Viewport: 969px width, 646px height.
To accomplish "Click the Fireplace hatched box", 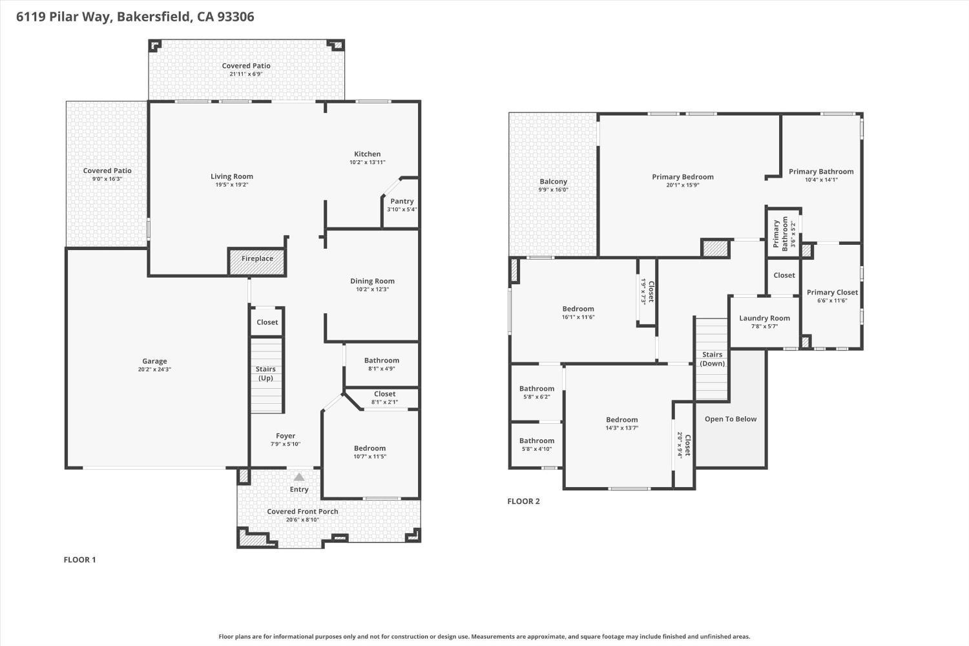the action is [x=257, y=262].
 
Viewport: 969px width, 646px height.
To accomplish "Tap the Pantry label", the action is [x=402, y=201].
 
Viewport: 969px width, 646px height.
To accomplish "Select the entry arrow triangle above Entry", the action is [x=299, y=477].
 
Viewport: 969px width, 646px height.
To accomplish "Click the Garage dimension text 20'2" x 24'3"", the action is [x=154, y=370].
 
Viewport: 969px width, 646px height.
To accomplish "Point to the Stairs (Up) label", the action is [x=266, y=373].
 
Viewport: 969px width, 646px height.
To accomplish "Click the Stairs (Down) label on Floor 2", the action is [x=712, y=359].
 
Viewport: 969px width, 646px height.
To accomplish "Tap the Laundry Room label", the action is [x=764, y=318].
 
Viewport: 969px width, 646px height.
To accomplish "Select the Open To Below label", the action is [x=731, y=419].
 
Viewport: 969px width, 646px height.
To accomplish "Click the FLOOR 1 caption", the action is [x=79, y=559].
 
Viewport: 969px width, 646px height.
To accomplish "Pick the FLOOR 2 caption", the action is [x=523, y=501].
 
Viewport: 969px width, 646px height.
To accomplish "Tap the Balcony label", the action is [x=553, y=182].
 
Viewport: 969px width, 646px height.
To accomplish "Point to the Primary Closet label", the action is [x=832, y=293].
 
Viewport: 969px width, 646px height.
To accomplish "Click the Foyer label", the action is [x=286, y=436].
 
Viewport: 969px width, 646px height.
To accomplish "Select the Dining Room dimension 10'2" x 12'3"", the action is [x=373, y=289].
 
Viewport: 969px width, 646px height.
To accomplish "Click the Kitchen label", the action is [x=368, y=154].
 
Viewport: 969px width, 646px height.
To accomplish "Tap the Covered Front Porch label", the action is [x=302, y=512].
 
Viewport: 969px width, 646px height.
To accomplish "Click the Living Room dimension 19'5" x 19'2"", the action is [x=232, y=185].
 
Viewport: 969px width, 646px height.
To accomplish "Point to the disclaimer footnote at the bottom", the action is [x=484, y=636].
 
